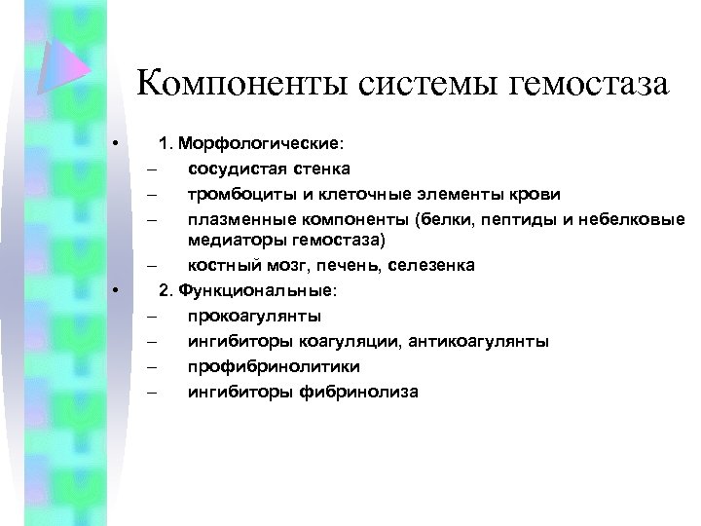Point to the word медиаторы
pyautogui.click(x=233, y=239)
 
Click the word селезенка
pyautogui.click(x=437, y=265)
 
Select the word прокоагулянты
pyautogui.click(x=255, y=317)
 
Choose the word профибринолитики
pyautogui.click(x=275, y=366)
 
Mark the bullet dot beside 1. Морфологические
pyautogui.click(x=115, y=144)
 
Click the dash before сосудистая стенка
pyautogui.click(x=153, y=169)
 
